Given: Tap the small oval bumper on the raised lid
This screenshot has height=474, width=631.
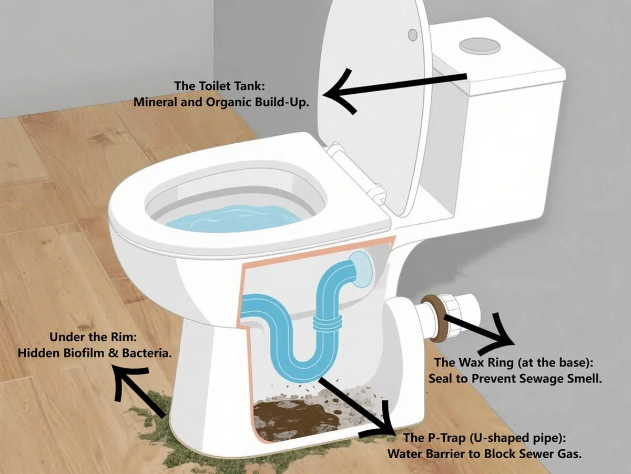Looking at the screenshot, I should pyautogui.click(x=412, y=34).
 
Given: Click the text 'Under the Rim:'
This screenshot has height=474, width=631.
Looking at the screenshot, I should pyautogui.click(x=94, y=338).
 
